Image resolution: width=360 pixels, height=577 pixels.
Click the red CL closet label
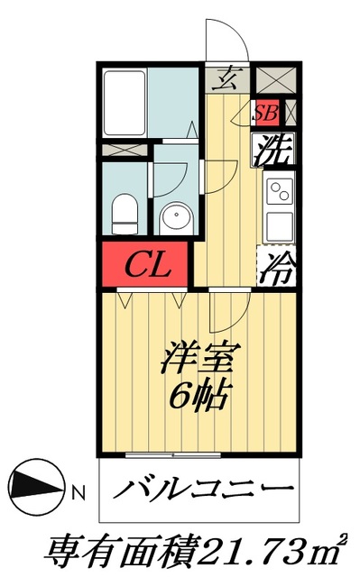[x=144, y=265]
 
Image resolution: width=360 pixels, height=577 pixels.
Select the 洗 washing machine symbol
[x=272, y=148]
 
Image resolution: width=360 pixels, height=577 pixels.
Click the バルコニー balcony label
[x=204, y=492]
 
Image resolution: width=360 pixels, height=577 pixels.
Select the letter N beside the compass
[x=78, y=492]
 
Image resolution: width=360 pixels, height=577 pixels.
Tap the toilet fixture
[x=124, y=215]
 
